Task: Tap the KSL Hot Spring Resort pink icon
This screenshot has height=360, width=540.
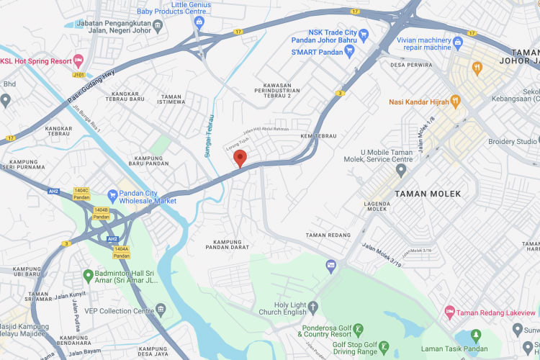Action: [x=78, y=61]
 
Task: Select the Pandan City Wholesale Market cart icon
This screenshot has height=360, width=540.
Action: [x=112, y=195]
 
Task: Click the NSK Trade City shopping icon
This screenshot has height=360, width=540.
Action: [x=364, y=34]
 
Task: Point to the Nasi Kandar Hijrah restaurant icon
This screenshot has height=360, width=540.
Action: [x=454, y=102]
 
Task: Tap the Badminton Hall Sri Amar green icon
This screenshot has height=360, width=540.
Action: [x=88, y=274]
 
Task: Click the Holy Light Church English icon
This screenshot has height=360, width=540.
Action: [x=313, y=308]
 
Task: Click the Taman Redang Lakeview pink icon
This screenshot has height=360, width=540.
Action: [x=450, y=312]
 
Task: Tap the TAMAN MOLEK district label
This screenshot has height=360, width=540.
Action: [x=428, y=194]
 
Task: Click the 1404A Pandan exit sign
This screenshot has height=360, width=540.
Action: [x=122, y=252]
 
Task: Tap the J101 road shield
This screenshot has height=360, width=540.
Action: [x=78, y=73]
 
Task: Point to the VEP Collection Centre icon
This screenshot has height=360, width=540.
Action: [x=160, y=310]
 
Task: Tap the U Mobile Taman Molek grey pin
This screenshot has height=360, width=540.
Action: [x=401, y=170]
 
